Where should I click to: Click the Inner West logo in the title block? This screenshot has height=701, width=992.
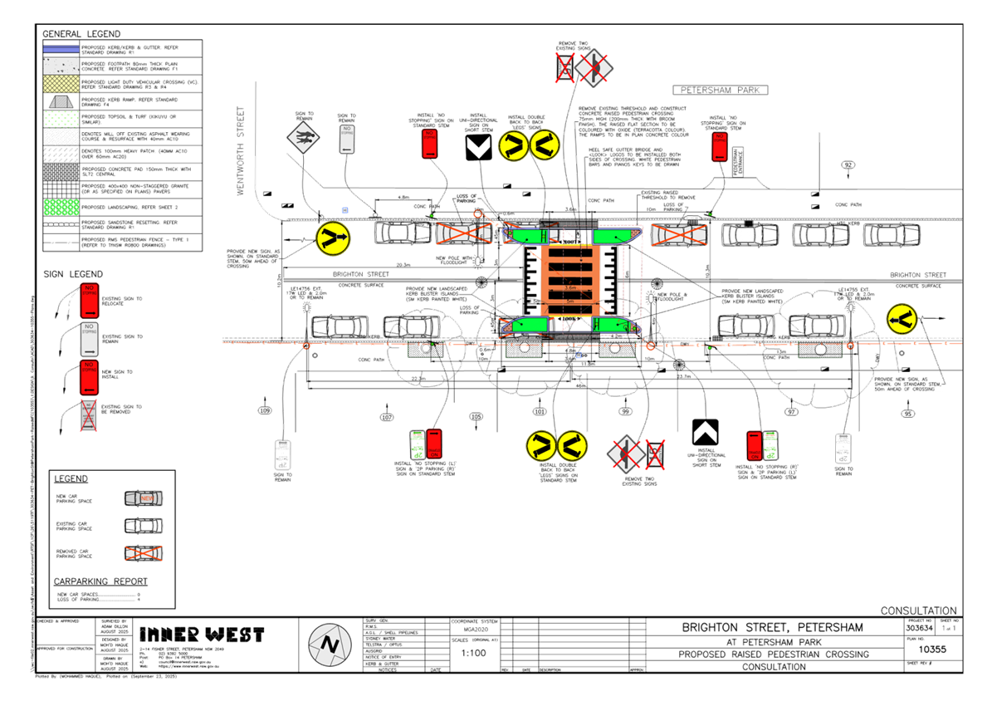click(202, 635)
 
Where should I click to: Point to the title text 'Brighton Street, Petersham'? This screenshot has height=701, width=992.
click(772, 627)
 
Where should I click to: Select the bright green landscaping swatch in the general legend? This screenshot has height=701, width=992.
click(61, 206)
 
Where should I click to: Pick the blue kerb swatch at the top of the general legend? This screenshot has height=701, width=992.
click(61, 49)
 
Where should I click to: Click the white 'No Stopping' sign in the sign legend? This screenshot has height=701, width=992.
click(89, 340)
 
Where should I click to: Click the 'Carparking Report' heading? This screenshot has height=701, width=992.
click(100, 581)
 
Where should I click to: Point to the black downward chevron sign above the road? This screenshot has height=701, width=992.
click(477, 148)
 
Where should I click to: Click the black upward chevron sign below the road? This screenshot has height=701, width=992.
click(706, 432)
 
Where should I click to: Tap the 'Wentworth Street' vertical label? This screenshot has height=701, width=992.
click(242, 150)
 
